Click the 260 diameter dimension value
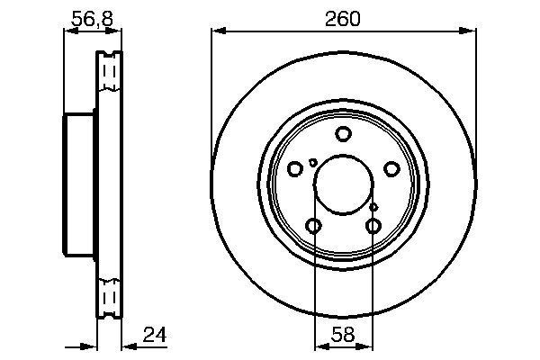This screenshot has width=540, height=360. point(343,17)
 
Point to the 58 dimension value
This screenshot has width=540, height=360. point(343,335)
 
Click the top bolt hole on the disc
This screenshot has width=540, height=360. point(343,135)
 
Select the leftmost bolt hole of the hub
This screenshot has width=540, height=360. point(295,168)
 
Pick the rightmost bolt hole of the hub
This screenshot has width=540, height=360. point(391,168)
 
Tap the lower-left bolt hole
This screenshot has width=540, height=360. point(314,225)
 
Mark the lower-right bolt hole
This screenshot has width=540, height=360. point(373,225)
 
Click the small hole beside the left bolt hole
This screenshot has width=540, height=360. point(312,162)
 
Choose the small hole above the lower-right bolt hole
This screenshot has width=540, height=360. point(373,208)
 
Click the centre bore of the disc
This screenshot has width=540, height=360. point(343,184)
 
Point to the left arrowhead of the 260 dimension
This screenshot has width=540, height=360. point(216,32)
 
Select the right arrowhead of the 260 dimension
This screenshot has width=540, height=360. point(471,32)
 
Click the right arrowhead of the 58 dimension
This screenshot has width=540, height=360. point(368,346)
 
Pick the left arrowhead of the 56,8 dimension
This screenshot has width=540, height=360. point(67,32)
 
